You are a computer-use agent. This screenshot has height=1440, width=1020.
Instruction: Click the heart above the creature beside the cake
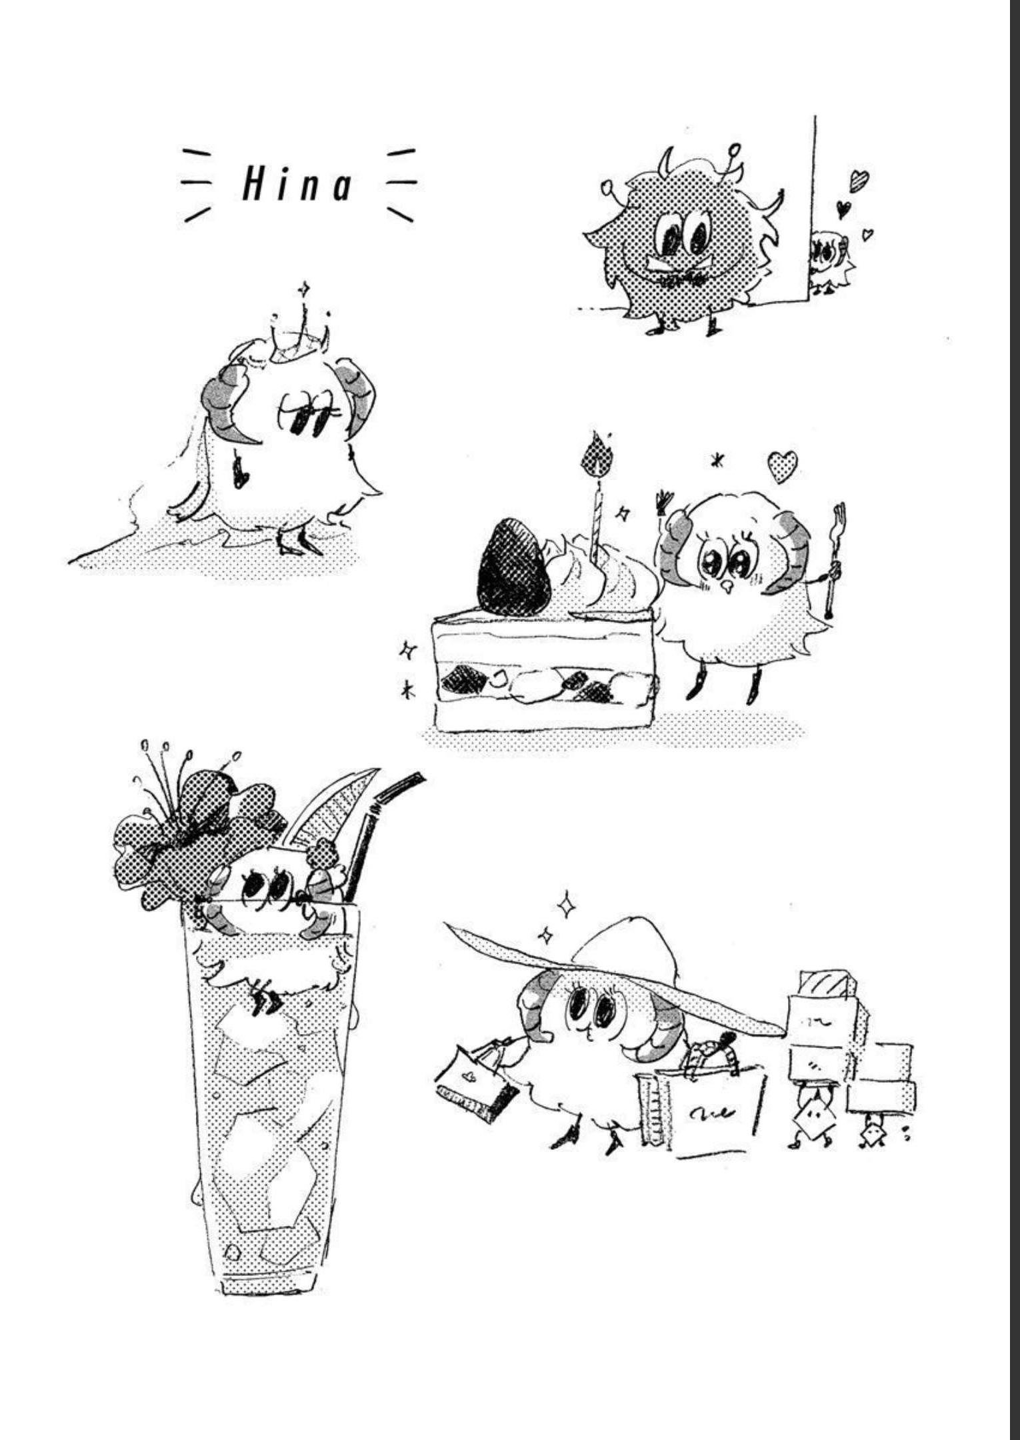point(782,467)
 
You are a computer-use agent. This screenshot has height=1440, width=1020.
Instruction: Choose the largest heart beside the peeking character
point(859,181)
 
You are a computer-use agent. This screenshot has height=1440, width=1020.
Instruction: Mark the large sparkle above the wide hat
point(567,905)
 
